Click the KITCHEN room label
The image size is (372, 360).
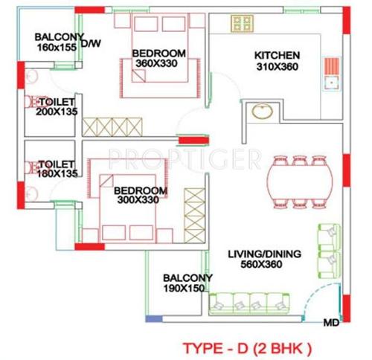[277, 56]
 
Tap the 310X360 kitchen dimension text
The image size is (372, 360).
[277, 66]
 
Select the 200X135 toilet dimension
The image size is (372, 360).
[56, 112]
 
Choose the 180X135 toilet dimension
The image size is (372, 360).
[57, 174]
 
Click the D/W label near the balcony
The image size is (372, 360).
[91, 44]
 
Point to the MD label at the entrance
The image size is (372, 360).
[330, 323]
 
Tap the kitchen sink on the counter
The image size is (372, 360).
[330, 71]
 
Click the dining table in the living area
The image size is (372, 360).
[300, 181]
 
